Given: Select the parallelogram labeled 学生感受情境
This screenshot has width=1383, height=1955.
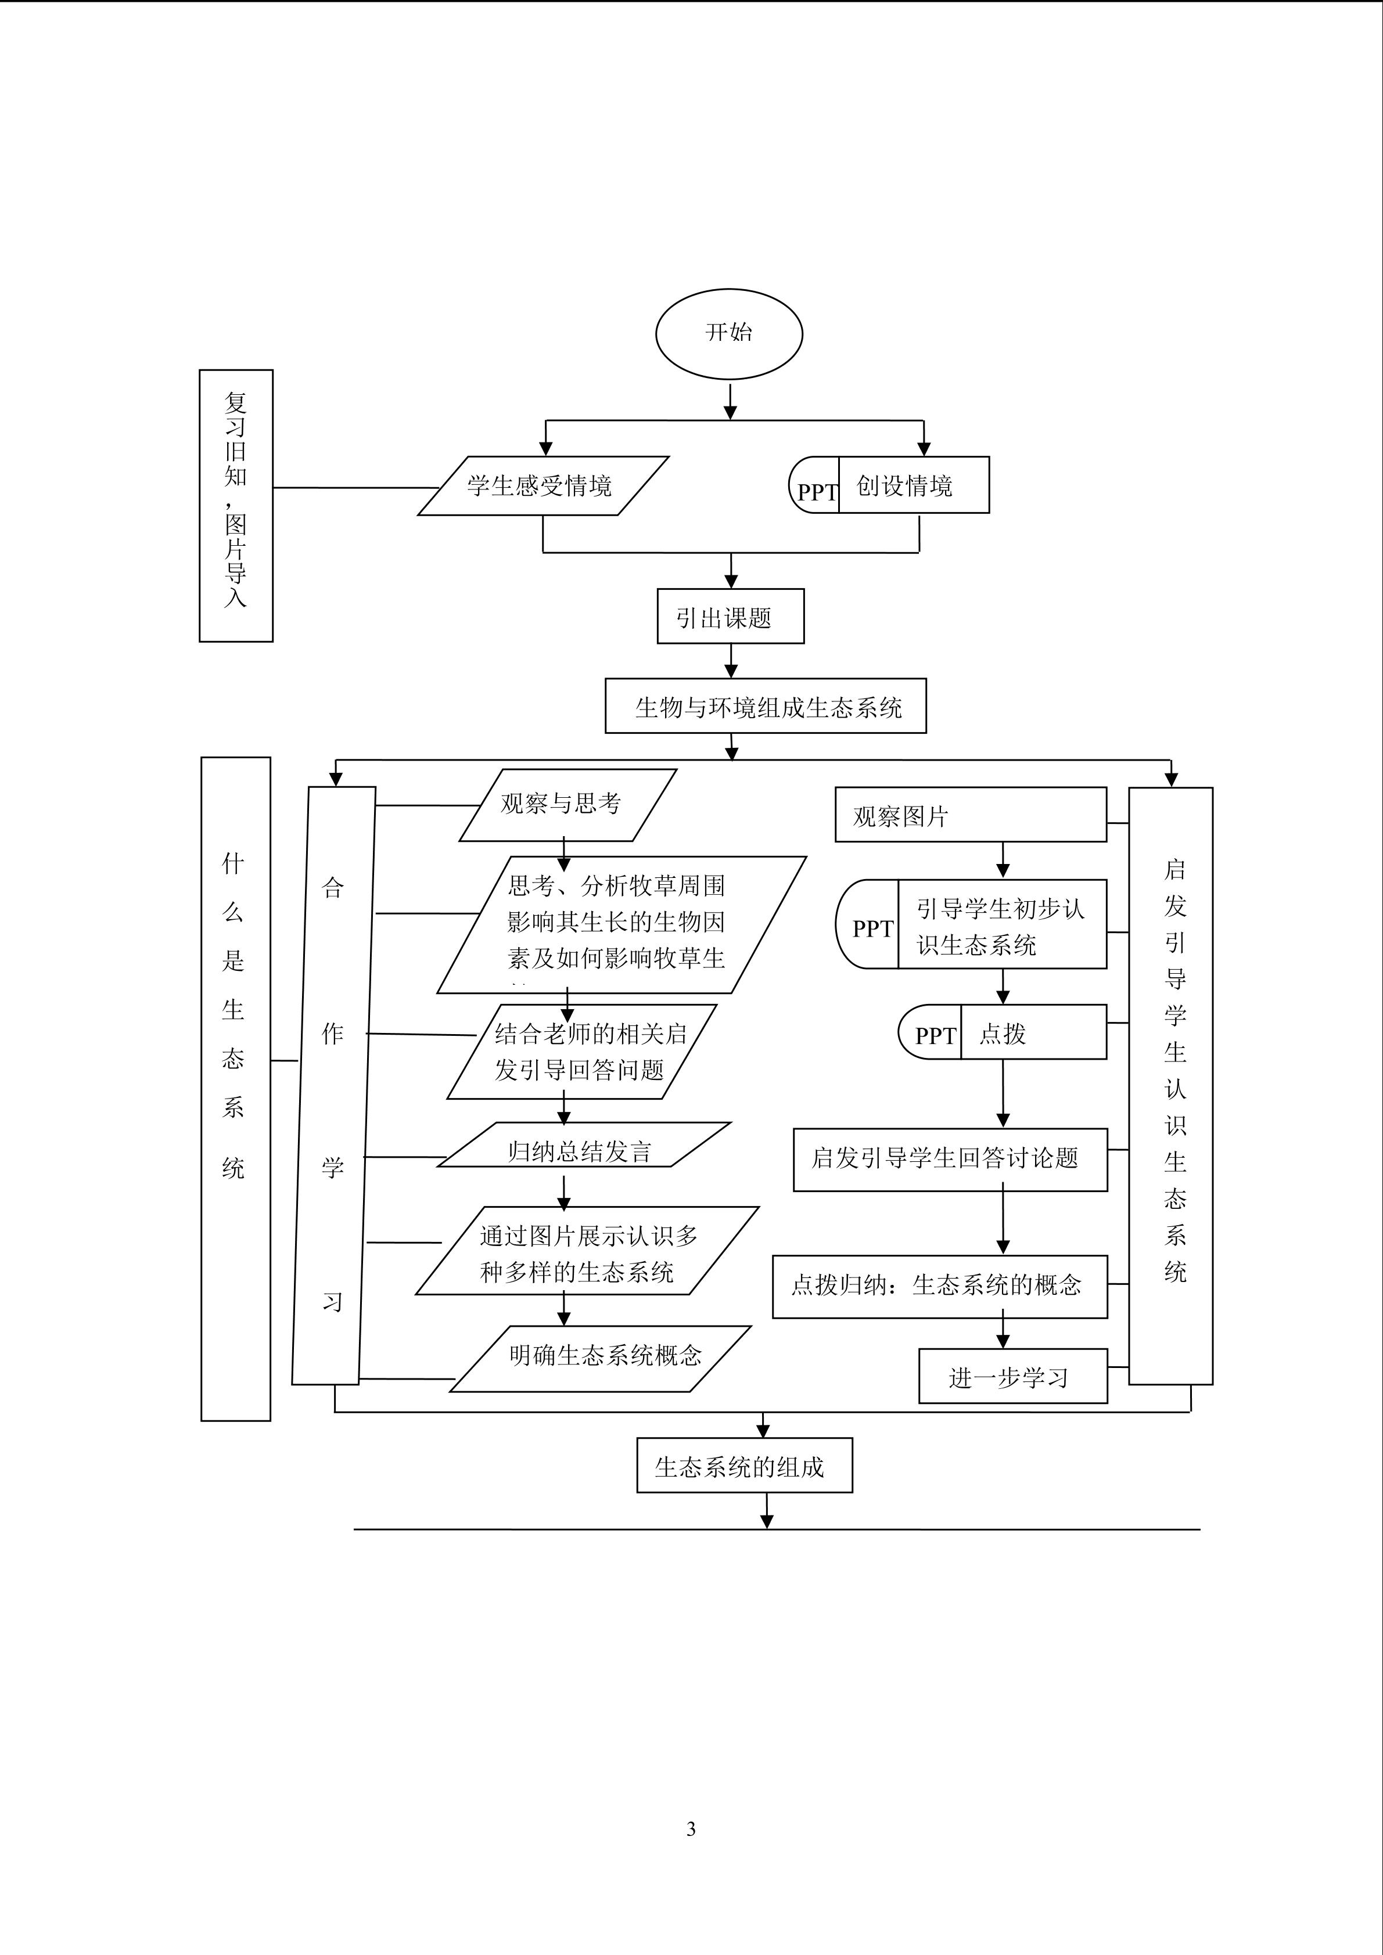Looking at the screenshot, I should (543, 486).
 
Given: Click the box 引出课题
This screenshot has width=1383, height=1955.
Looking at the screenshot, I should (730, 617).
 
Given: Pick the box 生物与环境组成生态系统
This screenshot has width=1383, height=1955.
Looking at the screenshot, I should (765, 707).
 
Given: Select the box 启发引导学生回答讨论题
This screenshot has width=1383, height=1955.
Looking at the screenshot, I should (950, 1160).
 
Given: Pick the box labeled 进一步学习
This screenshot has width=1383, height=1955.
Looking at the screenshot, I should (1012, 1377).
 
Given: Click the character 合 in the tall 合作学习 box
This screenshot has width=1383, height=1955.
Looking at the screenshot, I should (332, 888).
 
